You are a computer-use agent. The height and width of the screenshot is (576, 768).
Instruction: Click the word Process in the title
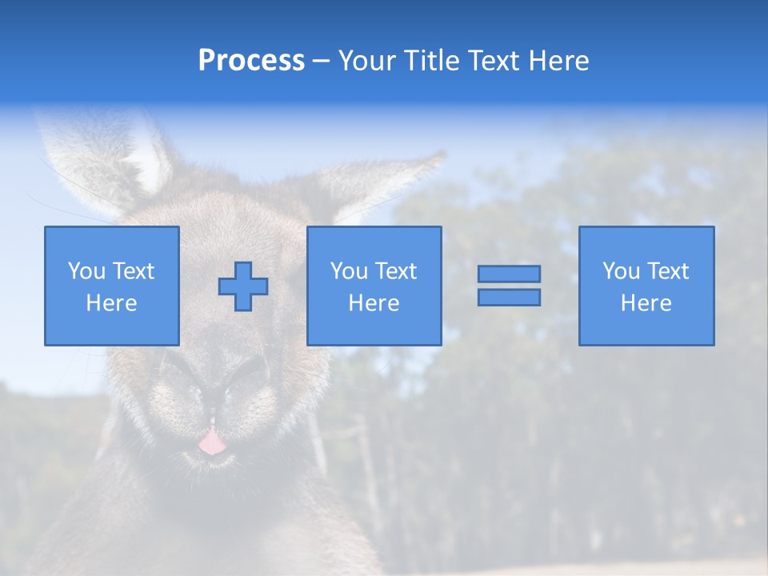click(251, 61)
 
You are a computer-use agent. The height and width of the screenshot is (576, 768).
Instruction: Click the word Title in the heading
click(429, 61)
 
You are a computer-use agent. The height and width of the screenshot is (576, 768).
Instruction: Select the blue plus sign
click(243, 286)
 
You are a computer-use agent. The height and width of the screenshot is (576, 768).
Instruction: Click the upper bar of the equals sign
click(509, 274)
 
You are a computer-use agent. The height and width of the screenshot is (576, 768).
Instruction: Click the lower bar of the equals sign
click(509, 297)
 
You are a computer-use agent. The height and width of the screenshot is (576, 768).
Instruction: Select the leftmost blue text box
click(111, 286)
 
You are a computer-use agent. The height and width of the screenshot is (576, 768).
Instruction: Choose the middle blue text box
click(374, 286)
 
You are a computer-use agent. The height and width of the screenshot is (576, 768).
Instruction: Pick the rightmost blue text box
click(646, 286)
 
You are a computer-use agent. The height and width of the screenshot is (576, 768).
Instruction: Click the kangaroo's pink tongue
click(211, 440)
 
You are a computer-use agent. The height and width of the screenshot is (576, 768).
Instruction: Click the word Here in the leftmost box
click(111, 303)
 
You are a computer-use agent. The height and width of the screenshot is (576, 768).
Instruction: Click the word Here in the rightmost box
click(646, 303)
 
